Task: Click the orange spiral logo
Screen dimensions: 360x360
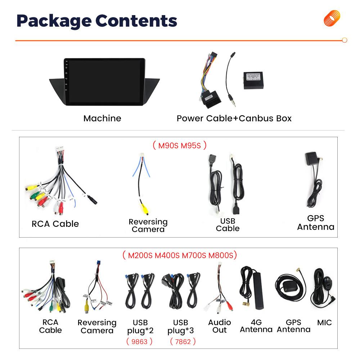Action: coord(332,18)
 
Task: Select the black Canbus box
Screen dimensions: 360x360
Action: coord(256,80)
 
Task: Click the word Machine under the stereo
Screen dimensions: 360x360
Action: coord(102,118)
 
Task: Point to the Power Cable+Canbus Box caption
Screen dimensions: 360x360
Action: coord(234,118)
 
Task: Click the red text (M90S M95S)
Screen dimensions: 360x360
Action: coord(180,145)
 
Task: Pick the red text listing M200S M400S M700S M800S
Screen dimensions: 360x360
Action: coord(180,256)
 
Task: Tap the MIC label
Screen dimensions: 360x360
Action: coord(324,323)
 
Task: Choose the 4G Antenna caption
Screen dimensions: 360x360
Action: coord(256,326)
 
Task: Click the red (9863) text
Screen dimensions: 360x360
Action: coord(139,341)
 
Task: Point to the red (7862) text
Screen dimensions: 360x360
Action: coord(183,341)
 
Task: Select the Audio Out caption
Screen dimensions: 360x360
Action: coord(219,326)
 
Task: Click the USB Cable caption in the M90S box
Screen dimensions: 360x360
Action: coord(228,225)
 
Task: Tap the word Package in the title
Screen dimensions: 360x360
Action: coord(52,21)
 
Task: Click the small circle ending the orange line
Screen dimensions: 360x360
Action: coord(345,40)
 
